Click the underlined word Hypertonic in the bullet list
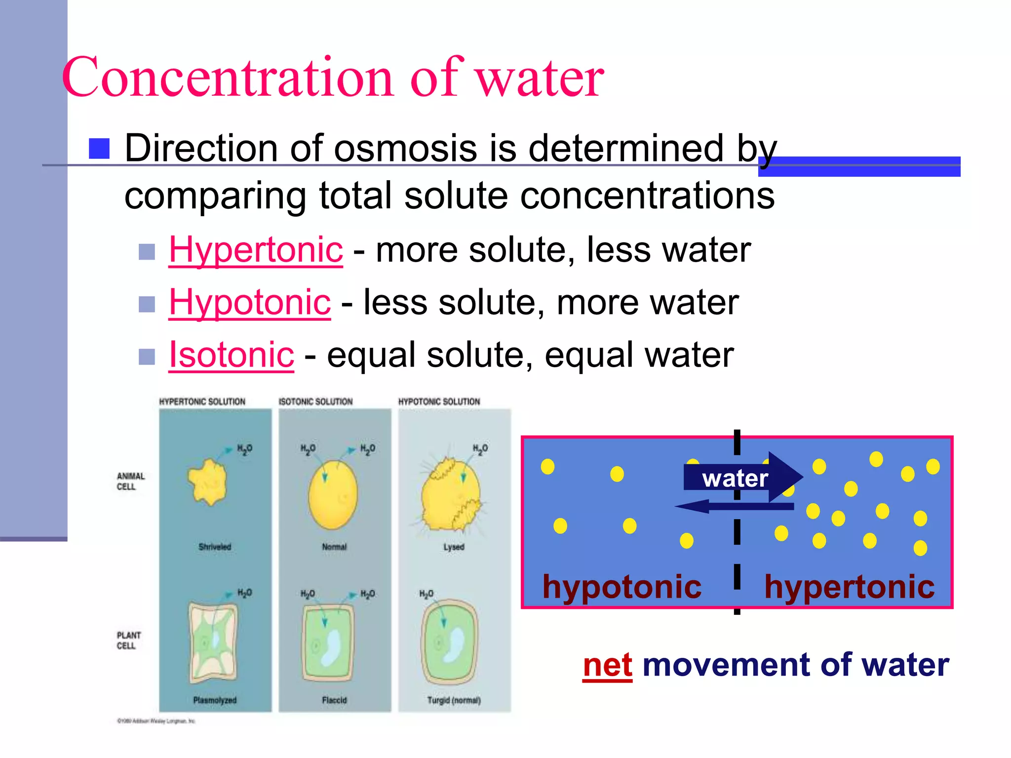(256, 250)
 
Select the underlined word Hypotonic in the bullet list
(250, 302)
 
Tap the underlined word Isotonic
(232, 354)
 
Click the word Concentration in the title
(227, 77)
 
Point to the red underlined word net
(607, 665)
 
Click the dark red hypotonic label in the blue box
(622, 587)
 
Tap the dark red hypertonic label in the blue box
(849, 587)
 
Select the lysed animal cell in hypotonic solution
(450, 496)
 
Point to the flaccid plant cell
(328, 642)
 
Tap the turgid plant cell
(449, 642)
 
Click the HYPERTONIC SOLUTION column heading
(202, 402)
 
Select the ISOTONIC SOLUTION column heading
(315, 402)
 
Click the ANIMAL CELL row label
(130, 481)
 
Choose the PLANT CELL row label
(128, 640)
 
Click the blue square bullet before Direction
(99, 149)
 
